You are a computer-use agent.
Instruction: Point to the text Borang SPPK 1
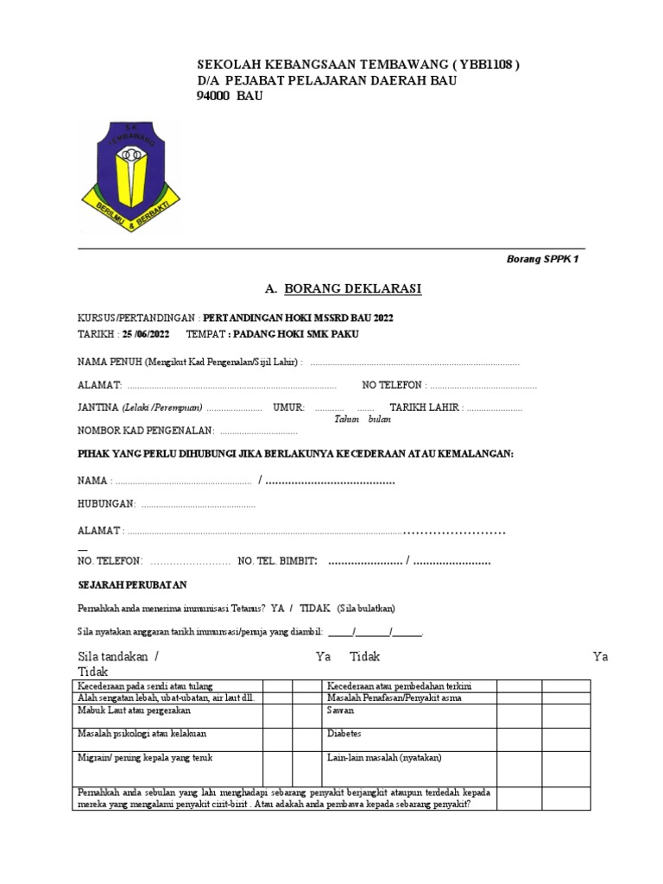tap(541, 259)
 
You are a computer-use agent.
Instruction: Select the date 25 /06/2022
tap(146, 334)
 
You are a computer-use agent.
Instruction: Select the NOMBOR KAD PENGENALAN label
tap(146, 430)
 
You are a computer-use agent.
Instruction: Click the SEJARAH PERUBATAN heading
tap(132, 584)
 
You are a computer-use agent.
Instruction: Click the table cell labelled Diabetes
tap(344, 734)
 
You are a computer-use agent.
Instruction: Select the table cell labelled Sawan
tap(339, 710)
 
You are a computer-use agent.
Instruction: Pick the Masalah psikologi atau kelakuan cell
tap(142, 734)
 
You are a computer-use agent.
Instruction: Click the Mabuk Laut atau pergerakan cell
tap(134, 710)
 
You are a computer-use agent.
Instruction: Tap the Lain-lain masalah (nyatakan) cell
tap(384, 757)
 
